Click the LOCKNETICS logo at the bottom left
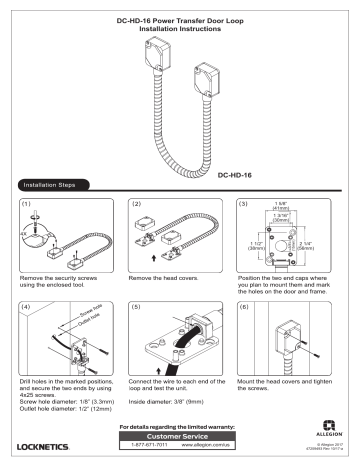tap(50, 441)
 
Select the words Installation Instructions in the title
tap(179, 30)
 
